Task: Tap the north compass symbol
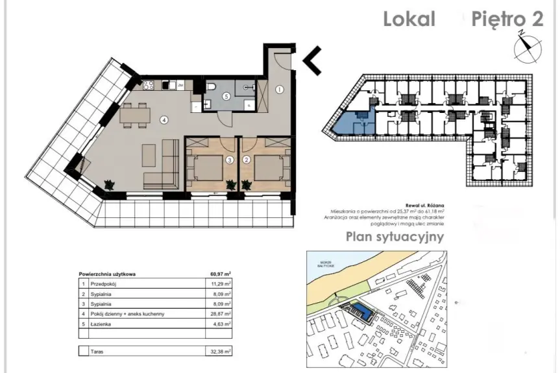[526, 47]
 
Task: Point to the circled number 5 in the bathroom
[226, 96]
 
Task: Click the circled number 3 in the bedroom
[229, 158]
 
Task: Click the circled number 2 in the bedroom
[247, 158]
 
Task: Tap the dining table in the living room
[134, 115]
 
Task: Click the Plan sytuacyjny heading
[395, 236]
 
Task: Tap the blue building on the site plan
[365, 314]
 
